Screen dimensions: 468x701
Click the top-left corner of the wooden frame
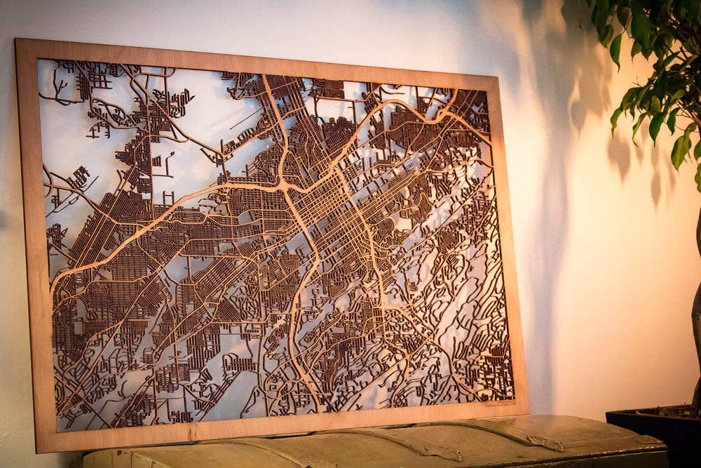click(16, 40)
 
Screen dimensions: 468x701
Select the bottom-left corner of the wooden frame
click(38, 451)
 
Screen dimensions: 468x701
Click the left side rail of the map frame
click(28, 246)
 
